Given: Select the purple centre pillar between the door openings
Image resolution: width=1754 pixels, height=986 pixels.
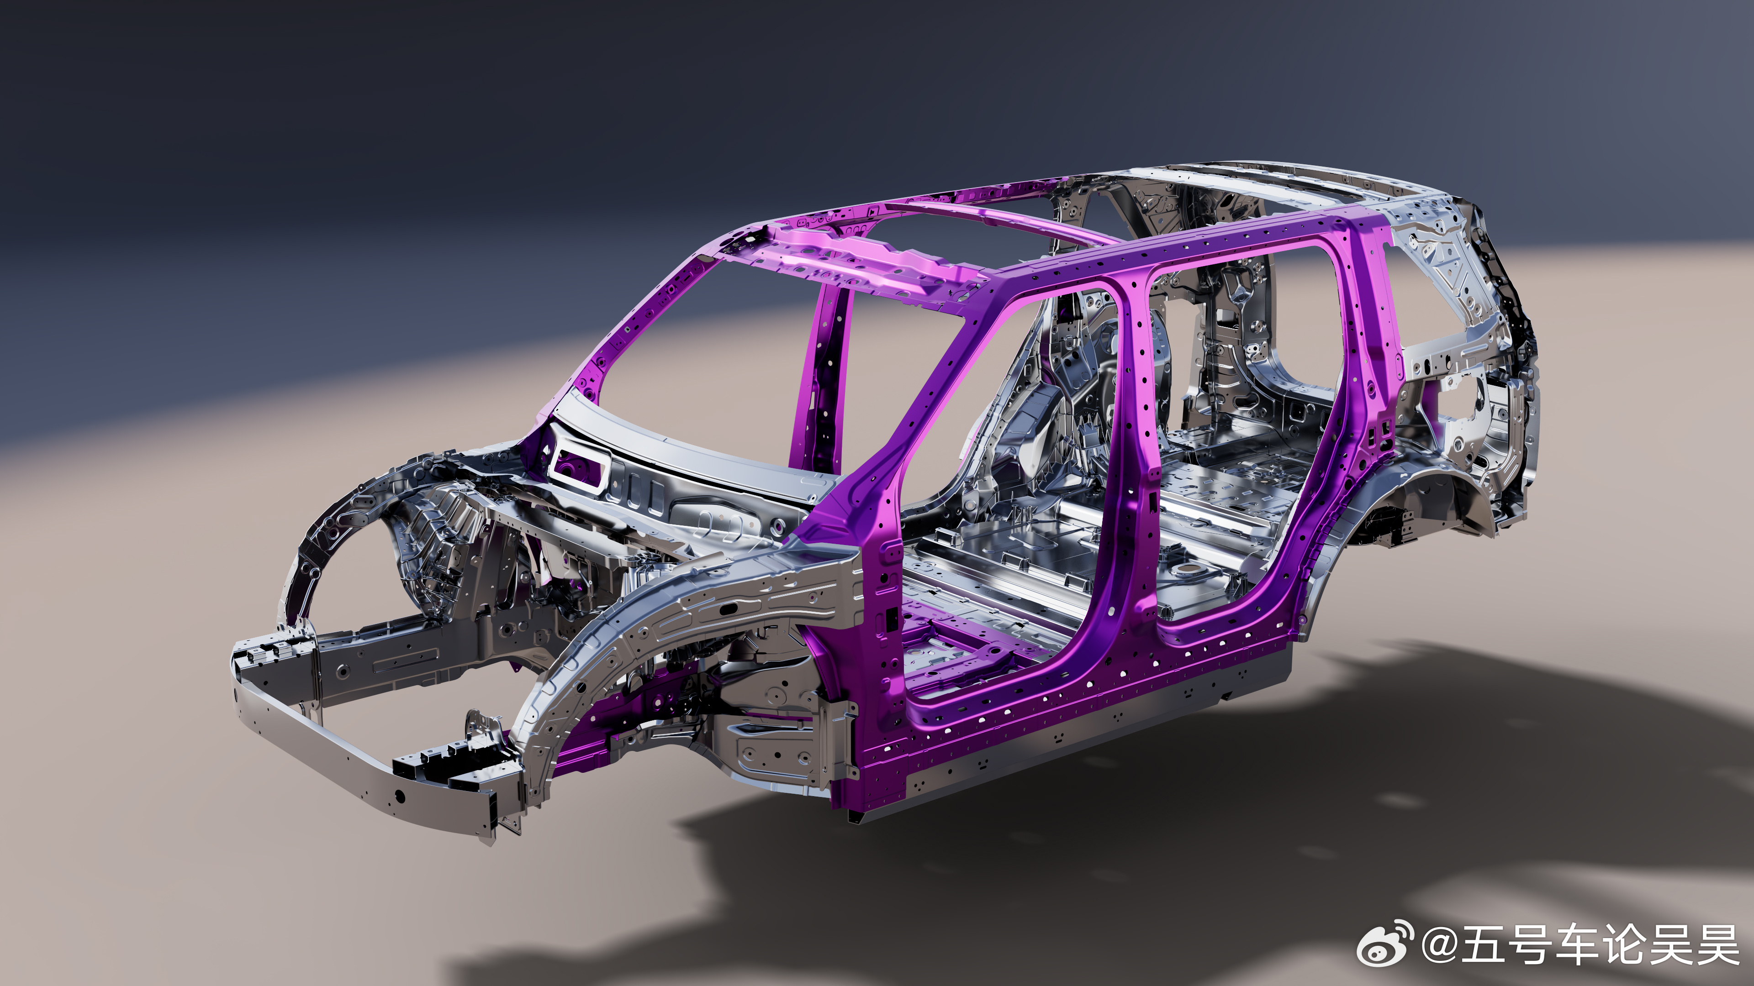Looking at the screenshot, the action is (1131, 463).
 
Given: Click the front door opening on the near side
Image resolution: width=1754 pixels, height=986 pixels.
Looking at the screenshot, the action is (1001, 476).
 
